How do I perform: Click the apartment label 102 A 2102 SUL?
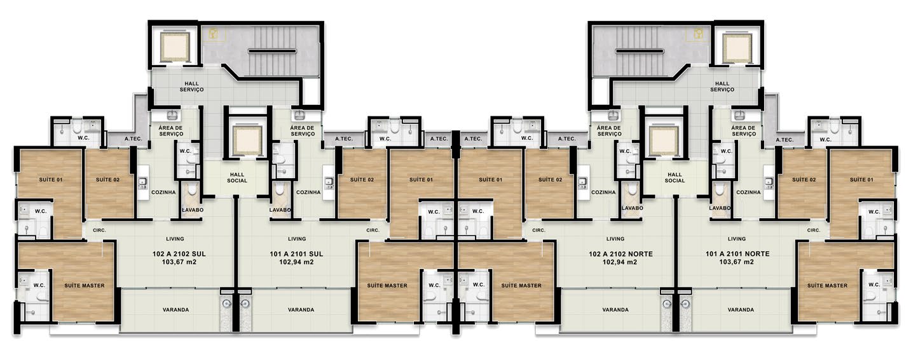[179, 254]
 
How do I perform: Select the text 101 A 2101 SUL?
[296, 254]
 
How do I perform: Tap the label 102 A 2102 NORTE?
[620, 254]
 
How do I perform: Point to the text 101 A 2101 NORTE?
[737, 254]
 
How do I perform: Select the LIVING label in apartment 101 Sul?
[297, 239]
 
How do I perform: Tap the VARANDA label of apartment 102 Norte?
[615, 310]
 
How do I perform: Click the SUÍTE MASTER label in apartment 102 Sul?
[85, 286]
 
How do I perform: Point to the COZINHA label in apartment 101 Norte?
[748, 192]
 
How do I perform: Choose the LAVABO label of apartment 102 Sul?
[193, 210]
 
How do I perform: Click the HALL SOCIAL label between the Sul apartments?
[237, 177]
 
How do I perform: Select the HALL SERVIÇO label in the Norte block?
[722, 87]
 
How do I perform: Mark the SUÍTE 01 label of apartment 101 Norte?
[861, 179]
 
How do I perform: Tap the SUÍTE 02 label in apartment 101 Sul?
[362, 179]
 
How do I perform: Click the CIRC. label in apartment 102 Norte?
[539, 230]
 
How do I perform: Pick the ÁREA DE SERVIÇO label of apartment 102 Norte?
[610, 131]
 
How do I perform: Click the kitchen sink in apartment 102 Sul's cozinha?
[142, 182]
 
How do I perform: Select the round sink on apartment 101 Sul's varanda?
[245, 304]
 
